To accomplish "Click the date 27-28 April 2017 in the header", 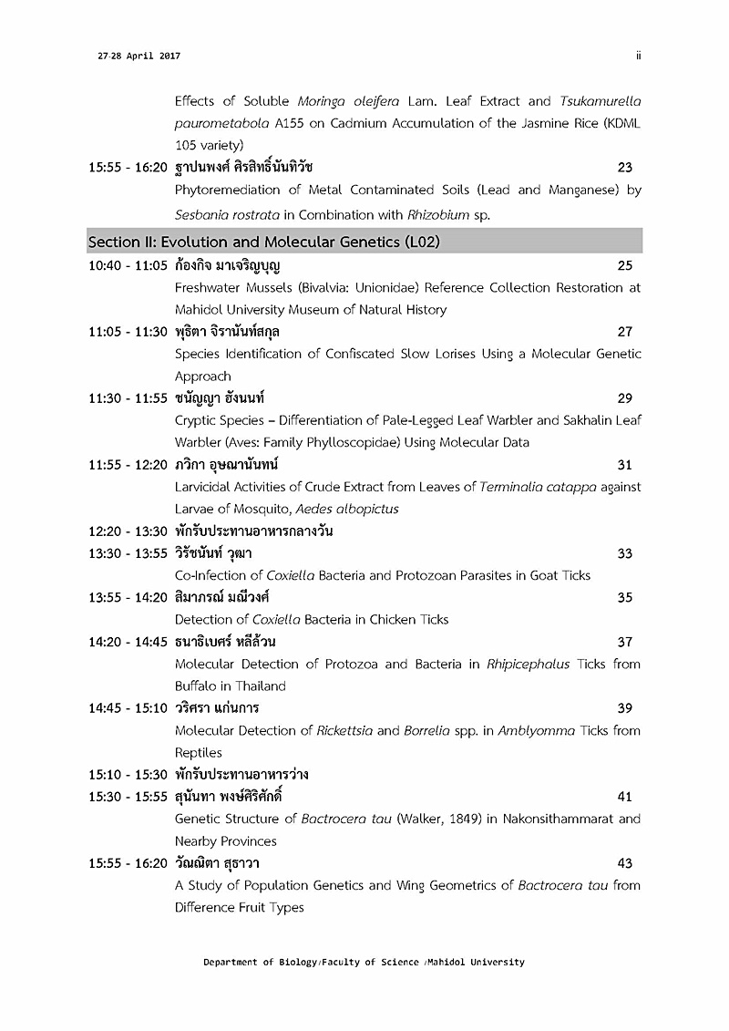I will (x=139, y=57).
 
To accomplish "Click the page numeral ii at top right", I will (x=639, y=56).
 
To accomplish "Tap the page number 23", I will (x=624, y=168).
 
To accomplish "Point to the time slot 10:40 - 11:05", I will (x=128, y=266).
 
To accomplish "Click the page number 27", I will (x=624, y=332).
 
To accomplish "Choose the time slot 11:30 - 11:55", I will (x=128, y=398).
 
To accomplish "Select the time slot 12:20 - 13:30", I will (x=128, y=531).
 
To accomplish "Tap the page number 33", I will (x=624, y=553).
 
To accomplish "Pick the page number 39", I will (x=624, y=708).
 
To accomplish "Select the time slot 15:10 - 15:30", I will (x=128, y=775).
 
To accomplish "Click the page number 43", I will (x=624, y=863).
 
